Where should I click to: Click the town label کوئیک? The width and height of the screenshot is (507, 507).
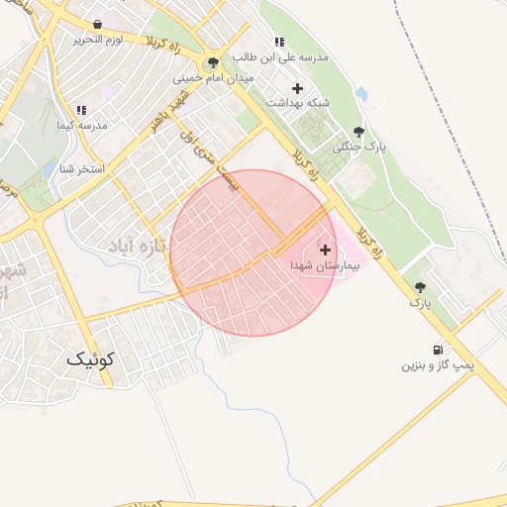pyautogui.click(x=91, y=359)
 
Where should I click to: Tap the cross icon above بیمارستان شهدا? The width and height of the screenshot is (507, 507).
pyautogui.click(x=325, y=251)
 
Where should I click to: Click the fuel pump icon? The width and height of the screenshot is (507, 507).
pyautogui.click(x=437, y=350)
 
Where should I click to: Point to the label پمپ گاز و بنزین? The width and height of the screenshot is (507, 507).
pyautogui.click(x=437, y=365)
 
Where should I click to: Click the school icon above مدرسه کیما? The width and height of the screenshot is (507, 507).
pyautogui.click(x=81, y=110)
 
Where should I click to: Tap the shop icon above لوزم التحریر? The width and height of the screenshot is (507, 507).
pyautogui.click(x=97, y=24)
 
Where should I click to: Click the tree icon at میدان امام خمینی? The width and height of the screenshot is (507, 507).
pyautogui.click(x=213, y=62)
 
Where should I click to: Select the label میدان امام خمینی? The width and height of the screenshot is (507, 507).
pyautogui.click(x=213, y=77)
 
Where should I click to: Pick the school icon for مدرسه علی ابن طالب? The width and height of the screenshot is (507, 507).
pyautogui.click(x=279, y=43)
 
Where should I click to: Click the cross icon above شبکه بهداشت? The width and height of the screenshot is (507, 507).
pyautogui.click(x=296, y=87)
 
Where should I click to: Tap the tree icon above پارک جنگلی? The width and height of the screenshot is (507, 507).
pyautogui.click(x=358, y=131)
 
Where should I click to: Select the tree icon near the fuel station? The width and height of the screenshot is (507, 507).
pyautogui.click(x=420, y=286)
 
